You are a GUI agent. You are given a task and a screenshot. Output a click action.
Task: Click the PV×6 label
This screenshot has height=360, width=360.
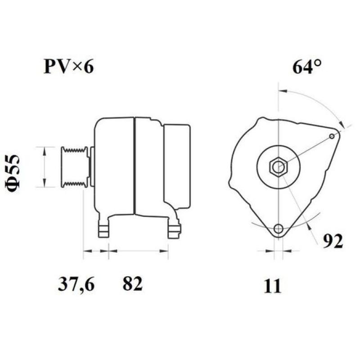click(69, 67)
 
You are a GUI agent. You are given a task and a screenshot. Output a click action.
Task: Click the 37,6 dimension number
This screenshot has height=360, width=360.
click(76, 284)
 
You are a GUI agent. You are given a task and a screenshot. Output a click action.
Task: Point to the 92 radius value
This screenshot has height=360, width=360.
click(333, 241)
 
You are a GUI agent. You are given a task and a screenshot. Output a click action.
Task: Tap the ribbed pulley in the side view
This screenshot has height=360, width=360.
click(75, 166)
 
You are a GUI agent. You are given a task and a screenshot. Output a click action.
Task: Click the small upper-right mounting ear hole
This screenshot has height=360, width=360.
click(332, 136)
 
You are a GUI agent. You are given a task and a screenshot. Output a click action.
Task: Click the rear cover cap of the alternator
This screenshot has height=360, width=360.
click(177, 166)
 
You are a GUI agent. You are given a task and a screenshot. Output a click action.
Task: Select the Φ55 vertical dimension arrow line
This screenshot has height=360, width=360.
click(44, 166)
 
